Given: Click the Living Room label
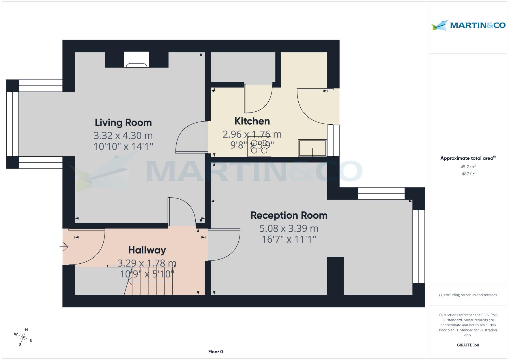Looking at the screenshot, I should click(123, 122).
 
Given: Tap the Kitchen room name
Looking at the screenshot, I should click(252, 121).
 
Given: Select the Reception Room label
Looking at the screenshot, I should click(289, 215).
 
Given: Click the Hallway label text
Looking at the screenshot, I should click(147, 250).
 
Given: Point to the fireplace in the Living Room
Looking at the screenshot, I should click(137, 60).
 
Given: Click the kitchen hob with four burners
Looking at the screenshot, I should click(259, 147).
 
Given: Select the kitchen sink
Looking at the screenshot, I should click(312, 148).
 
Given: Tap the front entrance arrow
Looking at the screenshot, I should click(64, 247).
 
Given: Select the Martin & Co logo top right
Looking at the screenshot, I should click(468, 25).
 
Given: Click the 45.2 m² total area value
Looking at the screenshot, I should click(468, 167).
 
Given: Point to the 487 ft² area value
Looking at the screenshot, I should click(468, 174).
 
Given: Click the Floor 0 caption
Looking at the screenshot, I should click(215, 352).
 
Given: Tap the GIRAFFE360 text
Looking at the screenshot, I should click(468, 345).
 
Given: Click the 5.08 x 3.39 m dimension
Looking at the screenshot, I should click(289, 229).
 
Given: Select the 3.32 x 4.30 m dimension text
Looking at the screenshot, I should click(123, 136).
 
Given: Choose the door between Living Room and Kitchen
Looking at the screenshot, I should click(190, 137).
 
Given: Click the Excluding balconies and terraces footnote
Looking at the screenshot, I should click(468, 295).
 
